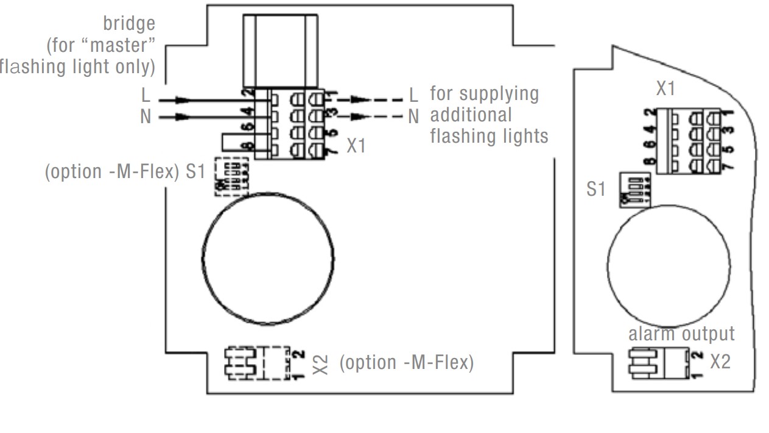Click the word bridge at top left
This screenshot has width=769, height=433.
pos(128,24)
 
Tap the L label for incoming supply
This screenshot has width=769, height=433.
pos(145,96)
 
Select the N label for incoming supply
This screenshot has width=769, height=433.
pos(145,116)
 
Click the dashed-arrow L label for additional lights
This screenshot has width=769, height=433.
pos(413,96)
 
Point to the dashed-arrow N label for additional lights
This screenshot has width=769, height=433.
pos(413,116)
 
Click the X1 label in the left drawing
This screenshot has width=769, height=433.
pos(356,146)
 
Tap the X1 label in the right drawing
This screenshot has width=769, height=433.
pos(665,89)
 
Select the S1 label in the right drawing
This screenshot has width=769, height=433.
pos(596,189)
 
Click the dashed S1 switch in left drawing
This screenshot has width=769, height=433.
pos(231,177)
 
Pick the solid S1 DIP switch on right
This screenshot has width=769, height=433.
pos(634,190)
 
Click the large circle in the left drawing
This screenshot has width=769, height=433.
pos(267,259)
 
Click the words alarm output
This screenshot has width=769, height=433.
pos(681,334)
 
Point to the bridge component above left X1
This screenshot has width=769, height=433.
pos(279,50)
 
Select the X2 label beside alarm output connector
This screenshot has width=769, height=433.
pos(720,362)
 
